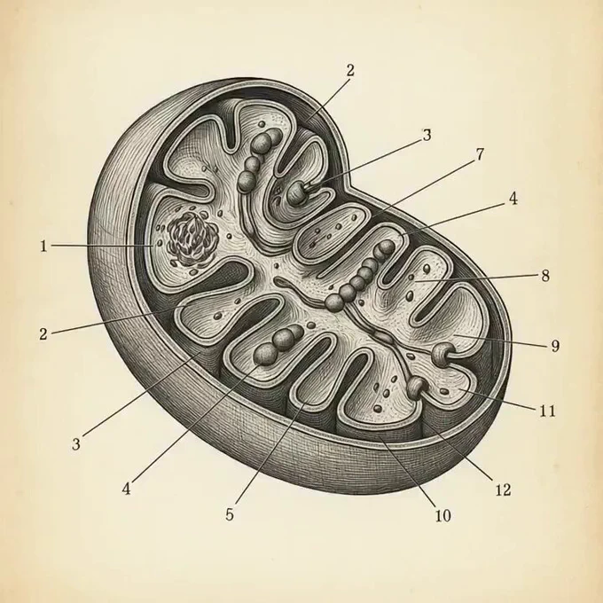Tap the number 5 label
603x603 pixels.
(x=231, y=514)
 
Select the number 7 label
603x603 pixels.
(x=480, y=154)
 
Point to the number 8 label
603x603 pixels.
(x=545, y=276)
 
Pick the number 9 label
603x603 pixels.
(x=555, y=346)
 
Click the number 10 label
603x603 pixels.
(x=443, y=515)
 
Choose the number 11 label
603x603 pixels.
(x=547, y=411)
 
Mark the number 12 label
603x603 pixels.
(x=501, y=489)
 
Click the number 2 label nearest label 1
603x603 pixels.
(x=43, y=334)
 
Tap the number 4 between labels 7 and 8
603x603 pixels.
(x=513, y=200)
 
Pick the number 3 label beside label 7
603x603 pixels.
(x=427, y=136)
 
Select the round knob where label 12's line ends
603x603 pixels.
(x=417, y=385)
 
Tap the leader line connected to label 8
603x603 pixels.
(x=479, y=278)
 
